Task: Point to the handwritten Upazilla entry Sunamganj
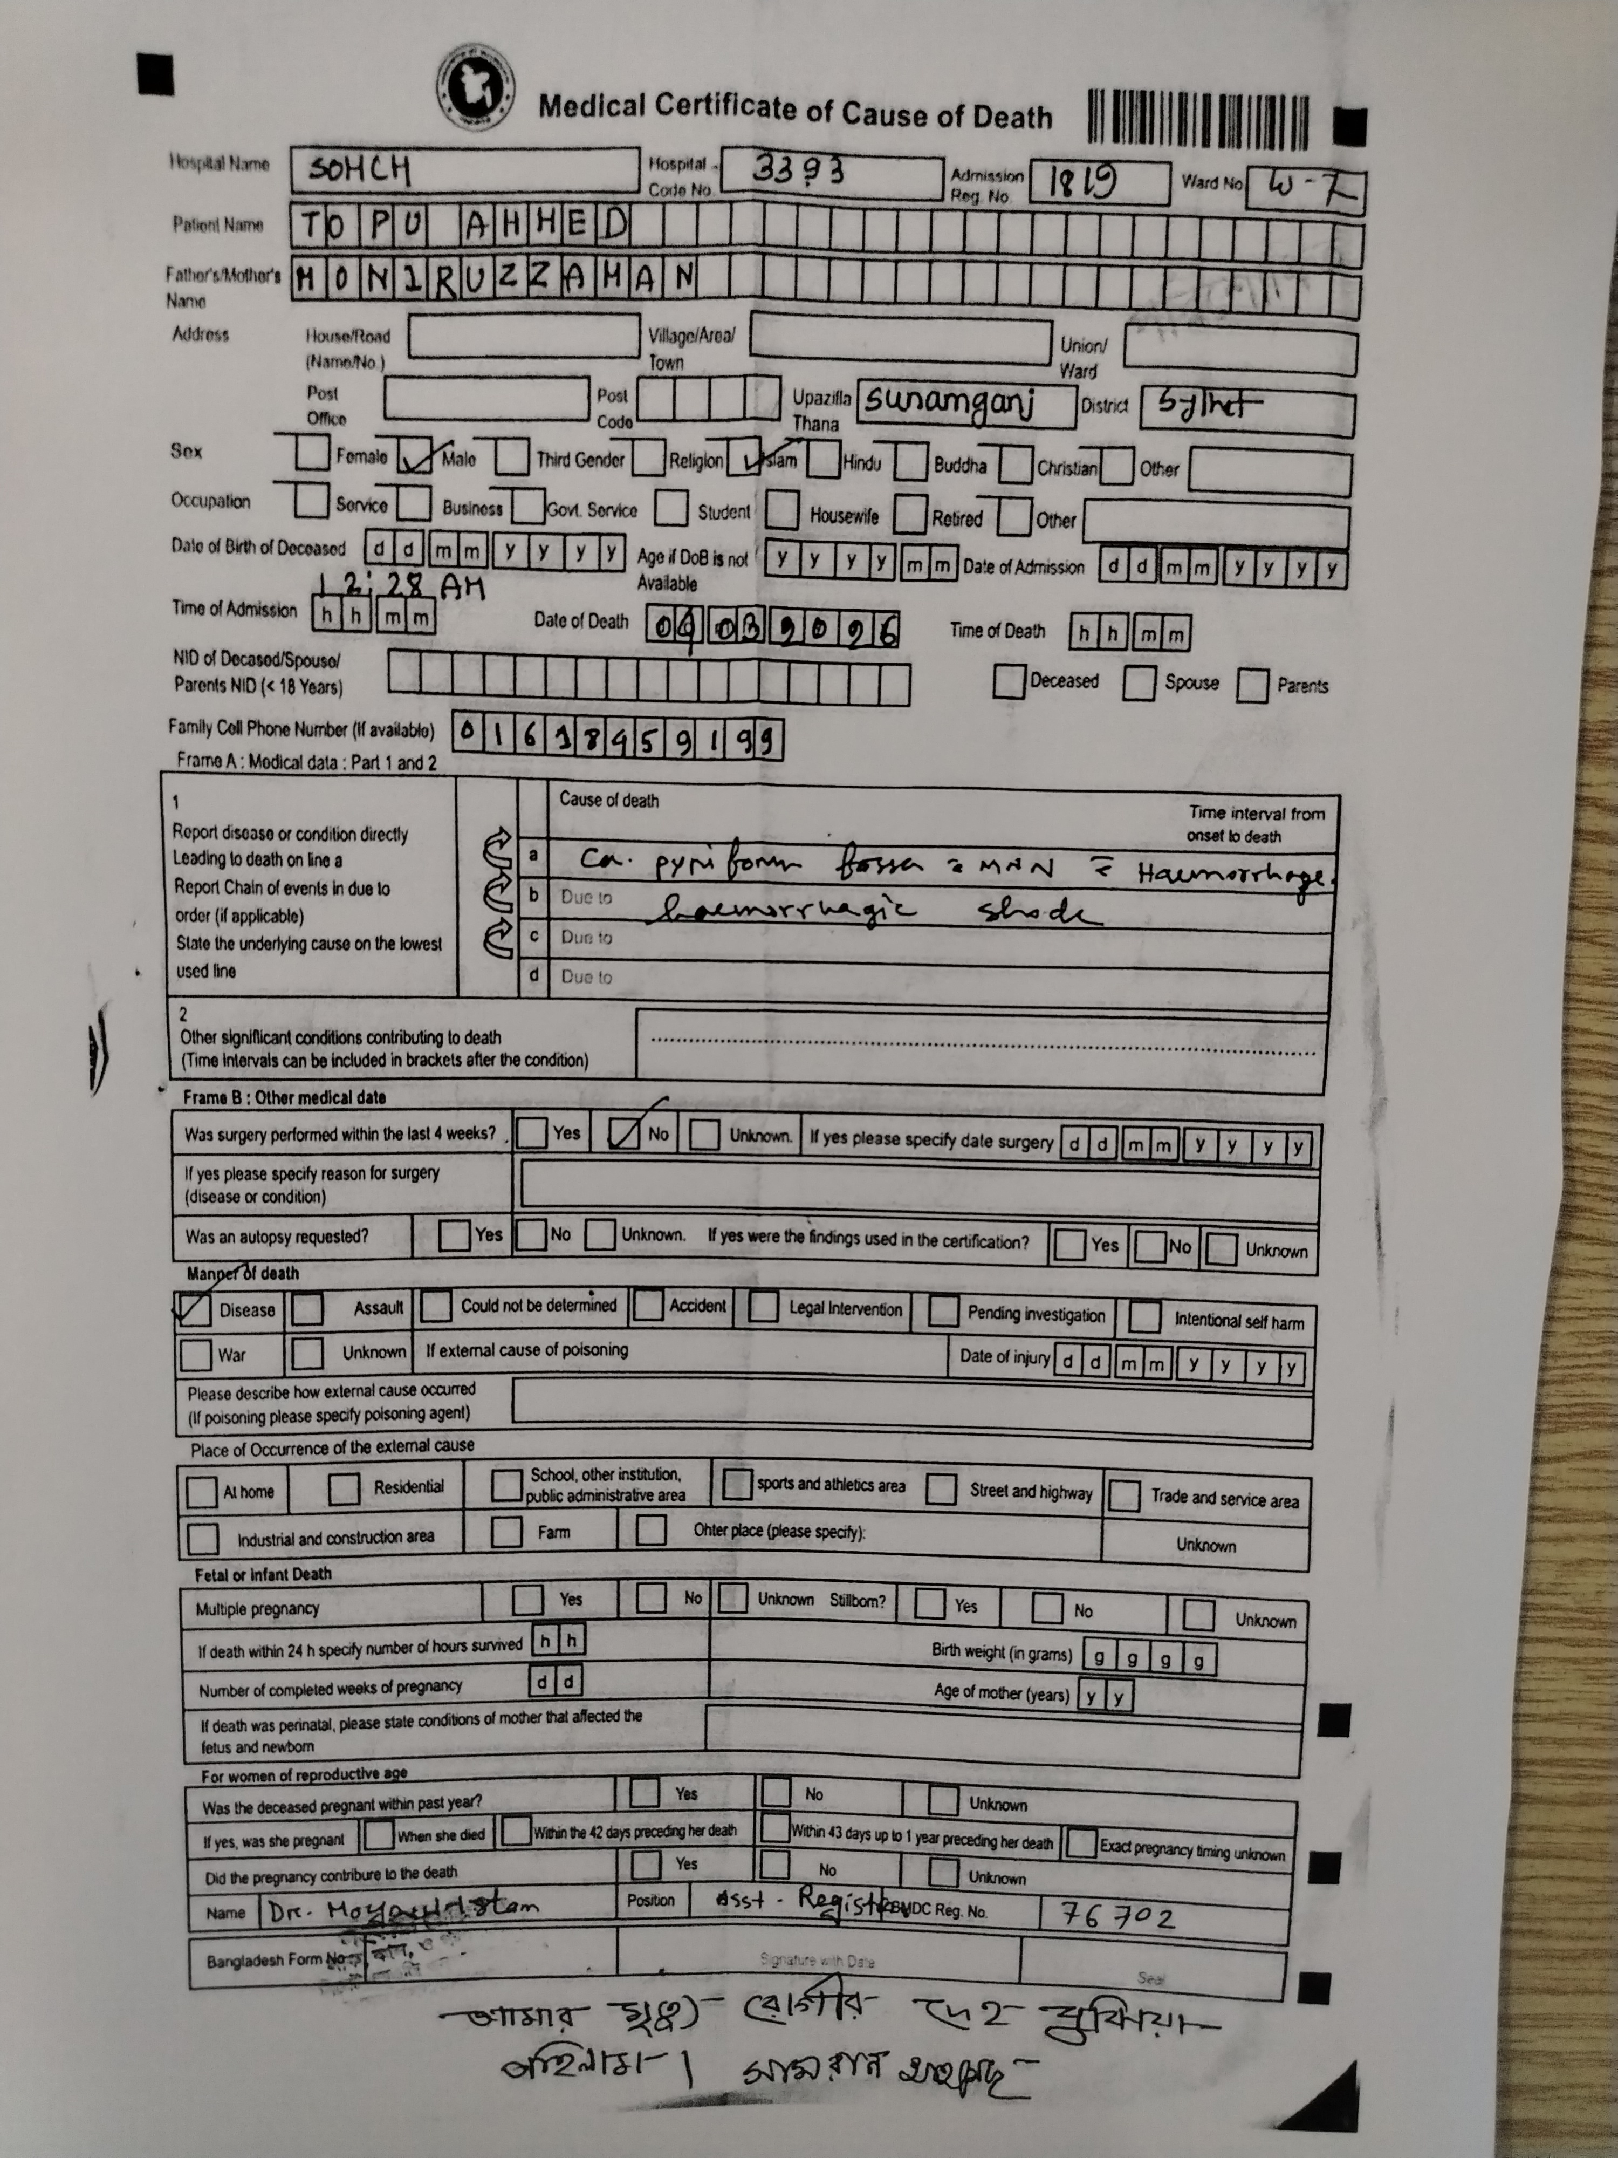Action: click(x=949, y=401)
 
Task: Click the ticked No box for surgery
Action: click(x=624, y=1132)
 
